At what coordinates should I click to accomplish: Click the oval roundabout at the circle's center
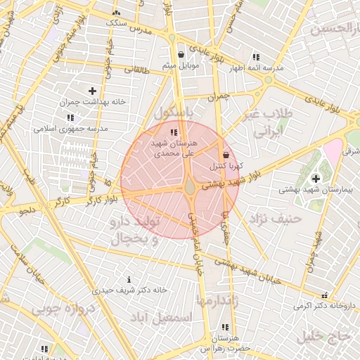click(191, 186)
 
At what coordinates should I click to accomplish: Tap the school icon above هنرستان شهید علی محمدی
click(174, 131)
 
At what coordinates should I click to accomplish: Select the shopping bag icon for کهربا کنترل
click(225, 155)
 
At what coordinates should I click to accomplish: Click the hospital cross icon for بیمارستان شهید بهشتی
click(315, 178)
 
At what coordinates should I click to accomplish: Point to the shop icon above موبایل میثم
click(181, 54)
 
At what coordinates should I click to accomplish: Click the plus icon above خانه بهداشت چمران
click(92, 91)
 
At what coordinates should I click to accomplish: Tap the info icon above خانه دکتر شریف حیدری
click(128, 279)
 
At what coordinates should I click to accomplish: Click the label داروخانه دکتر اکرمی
click(325, 306)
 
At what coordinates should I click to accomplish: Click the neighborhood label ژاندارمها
click(219, 301)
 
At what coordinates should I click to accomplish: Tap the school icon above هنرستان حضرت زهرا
click(225, 327)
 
